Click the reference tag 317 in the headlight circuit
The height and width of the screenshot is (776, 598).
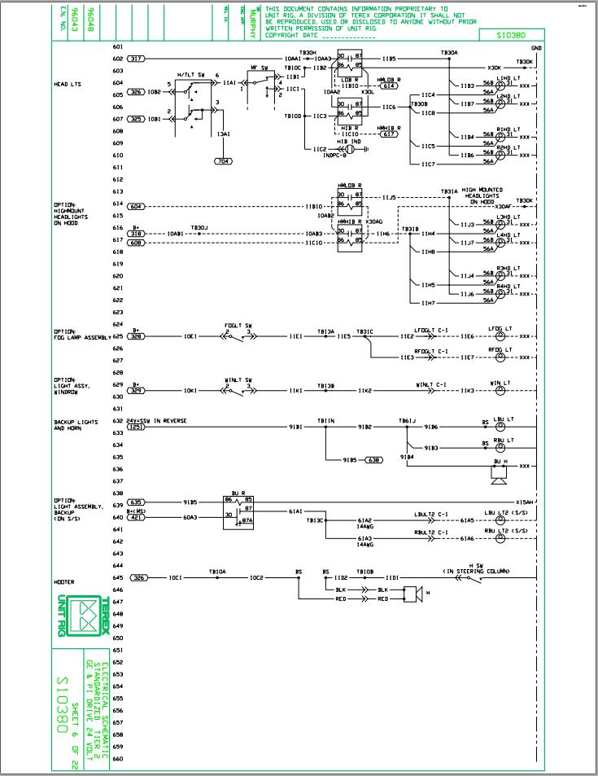[x=136, y=59]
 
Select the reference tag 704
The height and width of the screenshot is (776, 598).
[x=223, y=161]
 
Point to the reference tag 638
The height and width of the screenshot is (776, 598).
[x=375, y=460]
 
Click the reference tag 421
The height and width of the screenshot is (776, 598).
[x=136, y=517]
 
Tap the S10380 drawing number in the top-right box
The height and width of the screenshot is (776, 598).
[x=514, y=35]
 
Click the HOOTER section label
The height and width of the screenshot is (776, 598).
[x=65, y=582]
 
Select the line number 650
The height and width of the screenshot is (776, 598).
[x=118, y=638]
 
